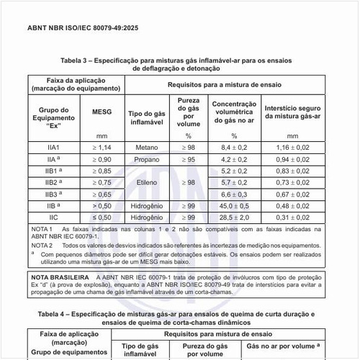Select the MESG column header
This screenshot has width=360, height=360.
pyautogui.click(x=102, y=113)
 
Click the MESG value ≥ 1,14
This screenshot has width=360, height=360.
pyautogui.click(x=102, y=147)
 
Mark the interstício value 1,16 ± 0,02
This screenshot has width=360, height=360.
pyautogui.click(x=292, y=147)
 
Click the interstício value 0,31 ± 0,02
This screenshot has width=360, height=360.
pyautogui.click(x=292, y=217)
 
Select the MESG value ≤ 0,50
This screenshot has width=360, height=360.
pyautogui.click(x=102, y=217)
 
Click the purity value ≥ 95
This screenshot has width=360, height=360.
pyautogui.click(x=189, y=158)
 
